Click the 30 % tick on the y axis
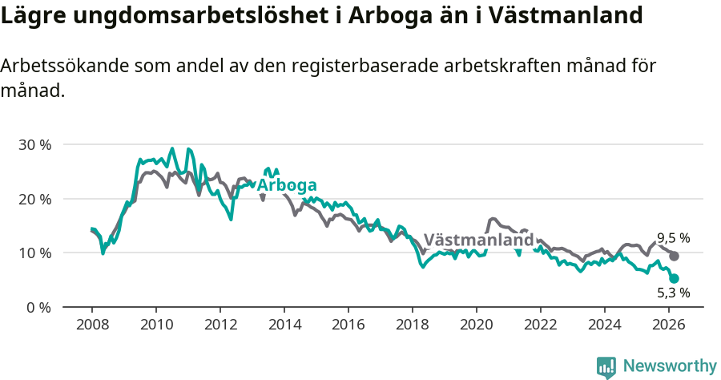tap(34, 145)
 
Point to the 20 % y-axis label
tap(34, 199)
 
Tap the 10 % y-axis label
tap(34, 253)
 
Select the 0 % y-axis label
tap(38, 307)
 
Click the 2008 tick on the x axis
tap(92, 325)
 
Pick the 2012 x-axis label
tap(220, 325)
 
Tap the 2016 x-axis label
tap(348, 325)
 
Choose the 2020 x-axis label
tap(477, 325)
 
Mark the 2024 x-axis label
tap(605, 325)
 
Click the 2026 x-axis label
tap(669, 325)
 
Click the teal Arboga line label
tap(287, 185)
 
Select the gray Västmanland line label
tap(478, 240)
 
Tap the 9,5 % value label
tap(674, 238)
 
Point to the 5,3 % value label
tap(674, 293)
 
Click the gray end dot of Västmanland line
tap(675, 256)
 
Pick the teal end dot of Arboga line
tap(675, 278)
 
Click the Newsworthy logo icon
tap(606, 367)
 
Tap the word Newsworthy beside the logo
tap(670, 366)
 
